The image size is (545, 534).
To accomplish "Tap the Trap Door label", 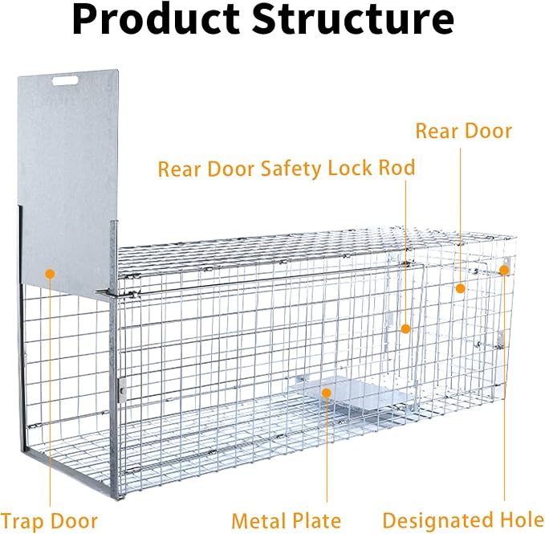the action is coord(49,522).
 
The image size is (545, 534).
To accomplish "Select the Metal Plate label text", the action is coord(286,521).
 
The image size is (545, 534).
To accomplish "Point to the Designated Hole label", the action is coord(464,520).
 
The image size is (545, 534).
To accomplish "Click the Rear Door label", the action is coord(464,132).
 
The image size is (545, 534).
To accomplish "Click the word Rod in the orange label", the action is coord(397,168).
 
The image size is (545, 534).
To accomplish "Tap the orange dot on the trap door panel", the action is coord(51,274).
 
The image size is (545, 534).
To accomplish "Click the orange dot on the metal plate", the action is coord(327,393).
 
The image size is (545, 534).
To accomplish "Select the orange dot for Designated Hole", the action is coord(504,270).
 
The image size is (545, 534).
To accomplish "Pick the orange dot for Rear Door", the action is coord(461,288).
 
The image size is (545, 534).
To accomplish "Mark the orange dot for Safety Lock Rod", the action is coord(405,328).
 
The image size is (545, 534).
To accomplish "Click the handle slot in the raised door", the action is coord(65,81).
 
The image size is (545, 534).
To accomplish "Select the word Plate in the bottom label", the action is coord(313,521).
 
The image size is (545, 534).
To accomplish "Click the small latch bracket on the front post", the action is coord(122,390).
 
